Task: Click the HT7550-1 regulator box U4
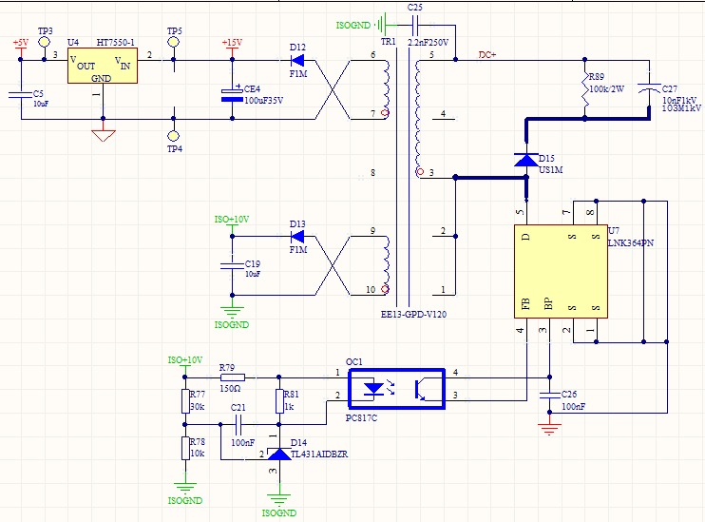(103, 67)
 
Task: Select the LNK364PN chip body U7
(561, 271)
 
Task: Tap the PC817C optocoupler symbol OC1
(397, 389)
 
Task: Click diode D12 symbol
(297, 60)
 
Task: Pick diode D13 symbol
(297, 236)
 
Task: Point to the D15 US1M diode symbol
(526, 160)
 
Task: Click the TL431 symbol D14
(279, 454)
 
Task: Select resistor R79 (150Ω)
(233, 377)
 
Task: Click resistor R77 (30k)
(185, 401)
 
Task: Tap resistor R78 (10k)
(185, 448)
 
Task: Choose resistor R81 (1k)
(279, 401)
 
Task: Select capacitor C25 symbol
(414, 26)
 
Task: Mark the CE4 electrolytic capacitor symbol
(233, 95)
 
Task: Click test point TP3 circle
(44, 42)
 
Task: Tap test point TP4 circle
(174, 135)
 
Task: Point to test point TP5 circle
(174, 42)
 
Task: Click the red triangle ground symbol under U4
(104, 135)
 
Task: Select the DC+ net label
(487, 54)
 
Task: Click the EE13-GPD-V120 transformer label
(413, 314)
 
